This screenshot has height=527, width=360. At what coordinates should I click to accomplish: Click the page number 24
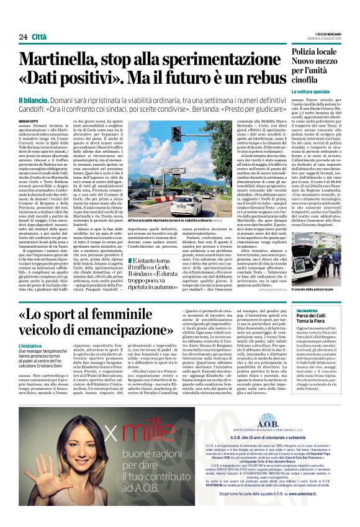(23, 37)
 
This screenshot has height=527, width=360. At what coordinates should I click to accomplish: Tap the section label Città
(40, 37)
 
